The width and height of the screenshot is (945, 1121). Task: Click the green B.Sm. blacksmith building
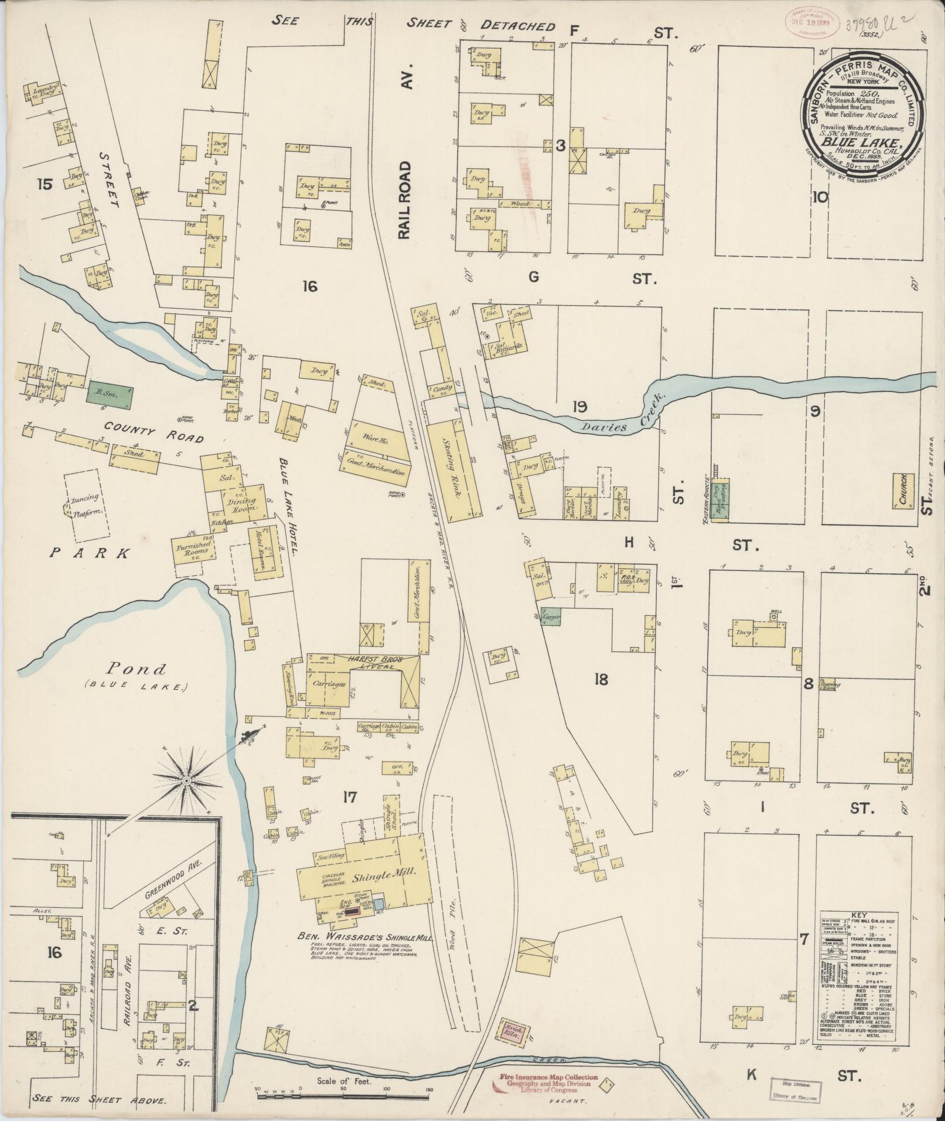[x=110, y=394]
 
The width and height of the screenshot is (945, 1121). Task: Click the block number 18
[x=601, y=679]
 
